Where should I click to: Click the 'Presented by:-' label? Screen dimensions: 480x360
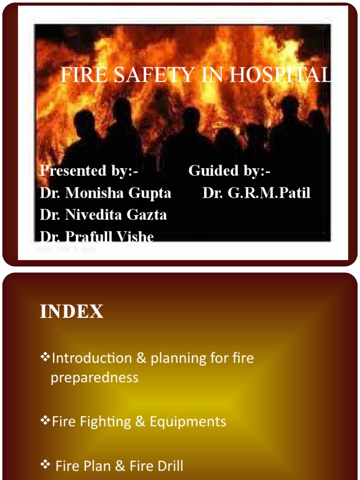tap(89, 171)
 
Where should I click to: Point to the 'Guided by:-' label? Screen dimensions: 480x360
tap(229, 171)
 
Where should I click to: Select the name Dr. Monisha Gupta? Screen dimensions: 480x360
tap(105, 193)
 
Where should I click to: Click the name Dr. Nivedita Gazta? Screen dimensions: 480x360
tap(103, 215)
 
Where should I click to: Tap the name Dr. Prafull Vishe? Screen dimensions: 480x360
tap(97, 236)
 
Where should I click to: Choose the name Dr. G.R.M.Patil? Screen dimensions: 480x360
tap(256, 193)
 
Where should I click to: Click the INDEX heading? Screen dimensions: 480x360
tap(72, 312)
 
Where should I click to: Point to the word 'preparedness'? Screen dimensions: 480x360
tap(94, 378)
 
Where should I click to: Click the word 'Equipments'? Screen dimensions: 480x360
tap(188, 421)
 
